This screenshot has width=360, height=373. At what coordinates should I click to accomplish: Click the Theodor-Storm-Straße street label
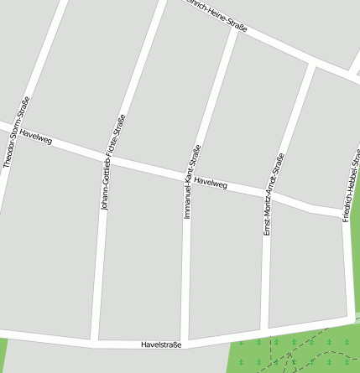(17, 132)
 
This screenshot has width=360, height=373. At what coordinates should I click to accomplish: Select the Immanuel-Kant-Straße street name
(192, 181)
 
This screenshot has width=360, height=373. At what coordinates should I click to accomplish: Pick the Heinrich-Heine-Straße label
(217, 16)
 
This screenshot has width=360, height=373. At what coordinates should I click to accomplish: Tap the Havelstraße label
(161, 345)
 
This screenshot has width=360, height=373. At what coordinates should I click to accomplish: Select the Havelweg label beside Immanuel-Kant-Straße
(210, 182)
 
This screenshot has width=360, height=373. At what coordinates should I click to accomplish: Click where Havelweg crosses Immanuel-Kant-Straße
(190, 177)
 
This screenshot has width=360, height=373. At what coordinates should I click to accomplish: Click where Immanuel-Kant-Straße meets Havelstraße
(186, 343)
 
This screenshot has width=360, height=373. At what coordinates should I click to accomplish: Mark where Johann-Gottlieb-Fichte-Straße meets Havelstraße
(94, 342)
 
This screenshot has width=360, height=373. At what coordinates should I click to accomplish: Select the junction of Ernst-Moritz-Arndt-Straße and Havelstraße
(264, 330)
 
